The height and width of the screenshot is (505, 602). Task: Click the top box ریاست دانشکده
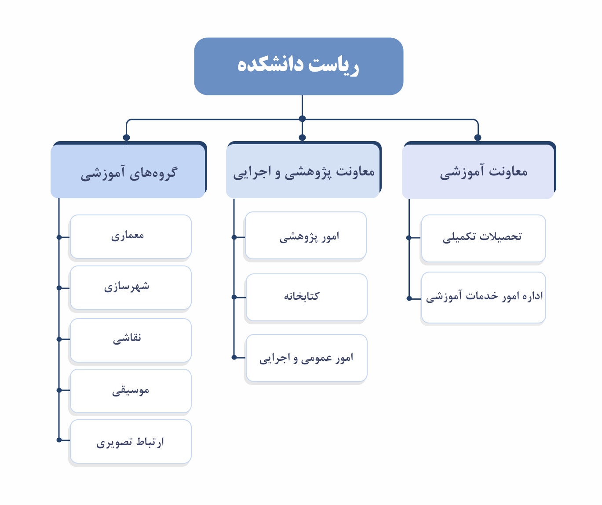pos(299,66)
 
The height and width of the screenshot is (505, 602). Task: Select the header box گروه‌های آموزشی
pos(128,171)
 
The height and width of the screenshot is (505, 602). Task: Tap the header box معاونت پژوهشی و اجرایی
pos(303,171)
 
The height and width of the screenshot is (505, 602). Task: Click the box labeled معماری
pos(131,236)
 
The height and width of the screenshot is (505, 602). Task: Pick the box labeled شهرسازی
pos(131,288)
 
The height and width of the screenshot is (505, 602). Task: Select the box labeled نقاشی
pos(131,341)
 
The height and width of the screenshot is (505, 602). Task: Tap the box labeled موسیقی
pos(131,391)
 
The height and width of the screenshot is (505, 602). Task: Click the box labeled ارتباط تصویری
pos(131,442)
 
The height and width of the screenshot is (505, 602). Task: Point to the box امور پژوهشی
pos(306,236)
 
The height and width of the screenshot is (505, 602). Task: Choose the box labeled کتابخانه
pos(306,297)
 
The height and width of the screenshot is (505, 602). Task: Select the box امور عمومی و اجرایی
pos(306,358)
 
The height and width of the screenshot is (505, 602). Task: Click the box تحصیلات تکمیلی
pos(484,238)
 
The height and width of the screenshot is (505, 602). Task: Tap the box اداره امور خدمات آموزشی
pos(484,298)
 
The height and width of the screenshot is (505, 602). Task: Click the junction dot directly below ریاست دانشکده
pos(302,119)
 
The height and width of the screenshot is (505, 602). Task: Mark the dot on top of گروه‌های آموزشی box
pos(126,138)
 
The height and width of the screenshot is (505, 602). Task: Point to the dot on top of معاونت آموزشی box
pos(478,138)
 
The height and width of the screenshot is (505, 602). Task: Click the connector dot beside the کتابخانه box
pos(234,297)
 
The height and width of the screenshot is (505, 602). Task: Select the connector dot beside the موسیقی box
pos(59,390)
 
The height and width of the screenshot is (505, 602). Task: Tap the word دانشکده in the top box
pos(270,65)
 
